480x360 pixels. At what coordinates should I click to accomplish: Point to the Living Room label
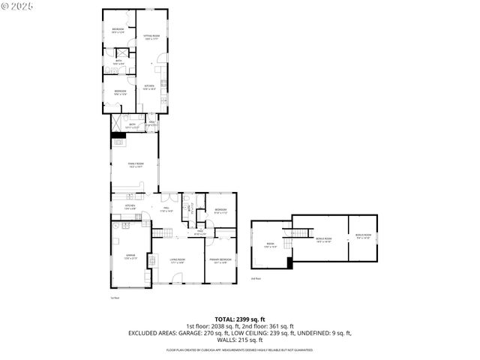tap(178, 262)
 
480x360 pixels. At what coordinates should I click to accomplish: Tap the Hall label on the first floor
tap(166, 210)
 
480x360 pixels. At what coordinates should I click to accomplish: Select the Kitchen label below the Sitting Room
tap(150, 87)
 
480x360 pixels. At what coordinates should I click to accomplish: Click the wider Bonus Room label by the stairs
tap(324, 240)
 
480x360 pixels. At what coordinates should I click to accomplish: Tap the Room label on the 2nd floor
tap(271, 244)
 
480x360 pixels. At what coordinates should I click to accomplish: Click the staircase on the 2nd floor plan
tap(303, 233)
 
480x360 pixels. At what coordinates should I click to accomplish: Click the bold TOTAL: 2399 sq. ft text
tap(240, 319)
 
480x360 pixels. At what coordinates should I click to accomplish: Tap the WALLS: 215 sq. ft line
tap(240, 339)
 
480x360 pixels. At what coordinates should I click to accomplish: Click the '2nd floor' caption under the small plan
tap(256, 278)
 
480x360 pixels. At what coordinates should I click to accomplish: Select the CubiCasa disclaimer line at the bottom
tap(240, 349)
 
